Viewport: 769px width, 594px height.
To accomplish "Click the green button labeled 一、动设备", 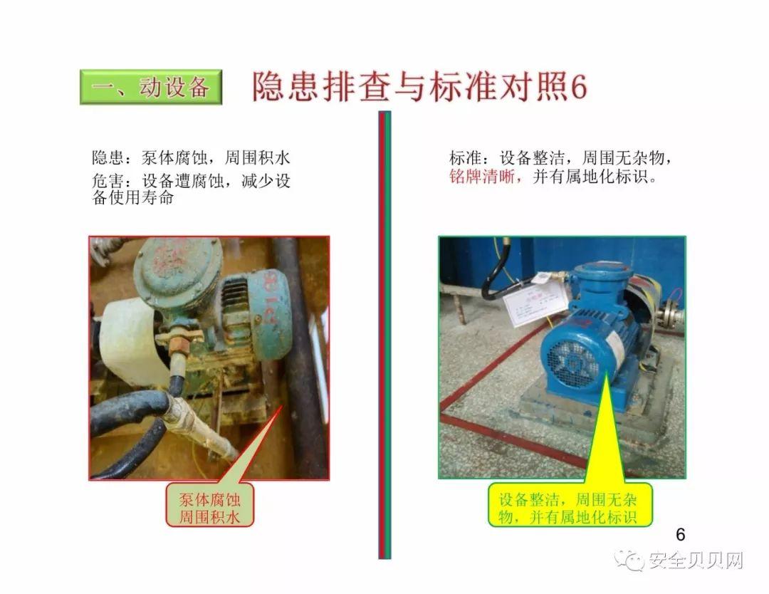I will [151, 87].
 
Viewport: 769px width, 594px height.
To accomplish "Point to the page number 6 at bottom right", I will [679, 534].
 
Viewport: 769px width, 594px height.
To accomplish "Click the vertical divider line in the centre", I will [384, 335].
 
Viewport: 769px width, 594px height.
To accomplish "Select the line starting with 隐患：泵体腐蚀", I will [191, 157].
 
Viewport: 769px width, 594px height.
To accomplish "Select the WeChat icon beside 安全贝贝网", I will [631, 561].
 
